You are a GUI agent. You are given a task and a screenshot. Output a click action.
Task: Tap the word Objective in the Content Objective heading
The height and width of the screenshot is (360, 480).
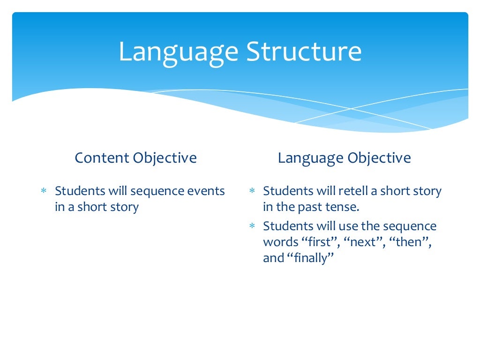(165, 158)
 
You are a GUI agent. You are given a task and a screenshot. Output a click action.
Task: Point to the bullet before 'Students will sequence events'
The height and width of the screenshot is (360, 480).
(43, 192)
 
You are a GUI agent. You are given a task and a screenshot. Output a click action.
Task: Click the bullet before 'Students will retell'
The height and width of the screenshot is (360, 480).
(252, 192)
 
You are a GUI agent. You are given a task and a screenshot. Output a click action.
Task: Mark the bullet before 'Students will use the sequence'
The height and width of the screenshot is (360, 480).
(252, 227)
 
